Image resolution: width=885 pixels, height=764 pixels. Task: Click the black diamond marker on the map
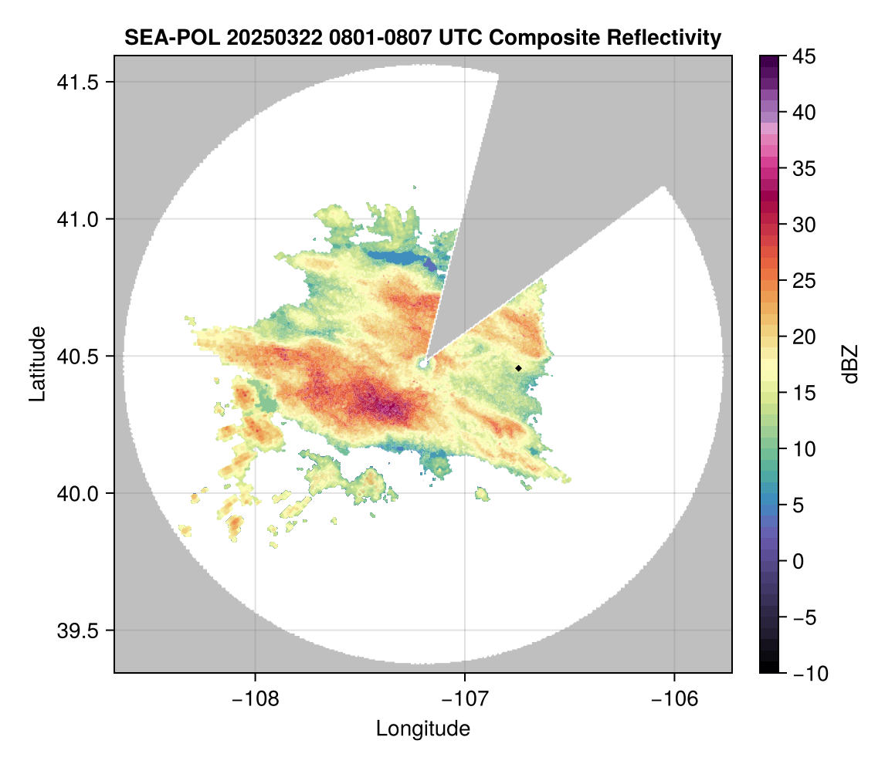[518, 368]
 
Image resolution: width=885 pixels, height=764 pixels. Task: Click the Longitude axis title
[423, 729]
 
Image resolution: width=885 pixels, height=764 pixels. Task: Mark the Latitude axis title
[37, 363]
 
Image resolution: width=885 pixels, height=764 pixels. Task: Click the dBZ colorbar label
[850, 363]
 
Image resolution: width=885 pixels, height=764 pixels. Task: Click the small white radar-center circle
[423, 363]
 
